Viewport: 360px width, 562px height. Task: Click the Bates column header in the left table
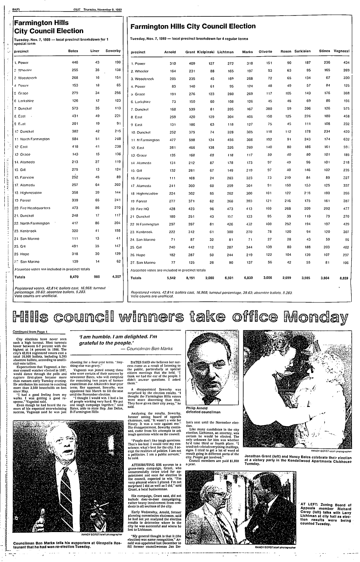73,51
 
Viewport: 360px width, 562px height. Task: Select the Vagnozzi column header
342,52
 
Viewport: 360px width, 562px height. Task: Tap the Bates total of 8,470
73,277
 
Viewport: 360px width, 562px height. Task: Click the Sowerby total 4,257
113,277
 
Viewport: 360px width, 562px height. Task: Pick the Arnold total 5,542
170,278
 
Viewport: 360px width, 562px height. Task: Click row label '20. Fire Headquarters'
32,208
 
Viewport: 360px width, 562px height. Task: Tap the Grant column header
190,52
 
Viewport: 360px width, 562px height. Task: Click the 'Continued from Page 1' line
30,332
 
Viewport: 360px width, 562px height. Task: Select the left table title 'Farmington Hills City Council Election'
49,27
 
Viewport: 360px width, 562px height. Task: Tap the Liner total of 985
95,277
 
